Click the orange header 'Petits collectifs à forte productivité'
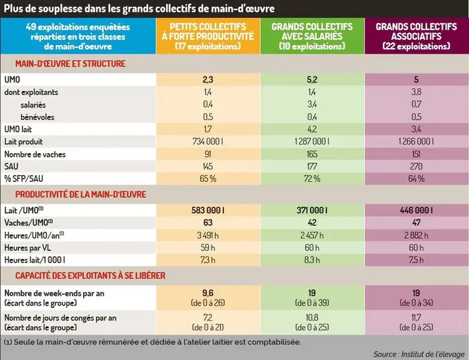click(208, 36)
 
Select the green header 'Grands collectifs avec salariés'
click(312, 36)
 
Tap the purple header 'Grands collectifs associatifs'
click(416, 36)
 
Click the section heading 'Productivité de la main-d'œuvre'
click(81, 194)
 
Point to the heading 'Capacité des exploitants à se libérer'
click(90, 276)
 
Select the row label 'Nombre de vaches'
click(35, 154)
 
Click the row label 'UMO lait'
click(18, 129)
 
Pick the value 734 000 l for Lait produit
click(208, 141)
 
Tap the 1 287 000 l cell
click(312, 141)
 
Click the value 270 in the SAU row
click(416, 166)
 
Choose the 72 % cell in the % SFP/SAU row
click(312, 179)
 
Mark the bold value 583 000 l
click(208, 210)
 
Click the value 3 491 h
click(208, 236)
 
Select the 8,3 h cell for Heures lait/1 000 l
click(312, 260)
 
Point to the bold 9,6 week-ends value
click(208, 293)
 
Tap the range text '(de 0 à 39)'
click(312, 303)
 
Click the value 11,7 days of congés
click(416, 317)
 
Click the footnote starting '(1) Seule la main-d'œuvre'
click(153, 342)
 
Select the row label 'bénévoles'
click(38, 117)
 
